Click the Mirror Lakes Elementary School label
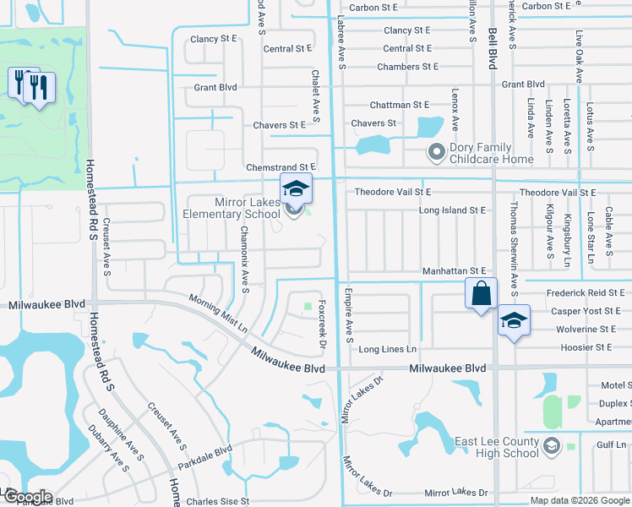tap(232, 208)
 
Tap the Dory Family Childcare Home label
tap(492, 153)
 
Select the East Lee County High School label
tap(497, 447)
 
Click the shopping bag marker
tap(481, 294)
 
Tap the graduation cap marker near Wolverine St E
tap(513, 320)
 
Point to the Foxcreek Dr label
tap(322, 324)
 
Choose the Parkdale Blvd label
tap(204, 458)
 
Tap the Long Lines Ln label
tap(388, 349)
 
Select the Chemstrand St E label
tap(281, 168)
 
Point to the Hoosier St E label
tap(580, 347)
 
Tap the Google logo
tap(27, 497)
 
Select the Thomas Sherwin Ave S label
tap(513, 236)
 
